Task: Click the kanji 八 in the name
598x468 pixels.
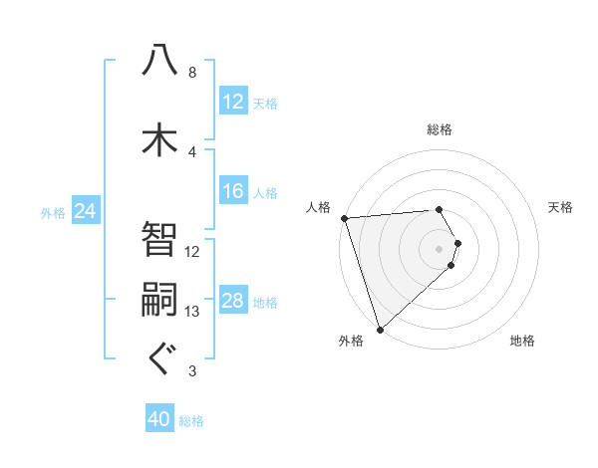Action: pyautogui.click(x=159, y=62)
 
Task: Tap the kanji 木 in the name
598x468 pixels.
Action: pyautogui.click(x=159, y=138)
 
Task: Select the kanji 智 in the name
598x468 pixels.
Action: pyautogui.click(x=159, y=239)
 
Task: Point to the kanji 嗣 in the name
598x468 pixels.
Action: pyautogui.click(x=159, y=301)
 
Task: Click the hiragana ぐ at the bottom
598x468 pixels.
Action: pyautogui.click(x=159, y=358)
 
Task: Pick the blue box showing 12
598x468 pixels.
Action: pyautogui.click(x=233, y=102)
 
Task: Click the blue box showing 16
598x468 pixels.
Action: pyautogui.click(x=233, y=192)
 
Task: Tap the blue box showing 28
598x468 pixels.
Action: pyautogui.click(x=233, y=302)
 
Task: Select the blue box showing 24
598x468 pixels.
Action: pyautogui.click(x=86, y=211)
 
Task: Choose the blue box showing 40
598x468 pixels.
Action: pyautogui.click(x=159, y=420)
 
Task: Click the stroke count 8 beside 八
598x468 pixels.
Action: pyautogui.click(x=191, y=73)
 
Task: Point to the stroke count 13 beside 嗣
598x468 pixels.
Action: pyautogui.click(x=192, y=312)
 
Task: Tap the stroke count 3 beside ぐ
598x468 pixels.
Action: pyautogui.click(x=191, y=372)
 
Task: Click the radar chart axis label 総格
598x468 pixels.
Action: pyautogui.click(x=440, y=129)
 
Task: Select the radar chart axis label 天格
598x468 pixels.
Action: pyautogui.click(x=561, y=207)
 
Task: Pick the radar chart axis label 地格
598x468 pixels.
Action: pyautogui.click(x=522, y=341)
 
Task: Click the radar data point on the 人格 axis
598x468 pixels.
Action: pyautogui.click(x=344, y=218)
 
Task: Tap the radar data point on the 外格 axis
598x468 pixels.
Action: pyautogui.click(x=380, y=328)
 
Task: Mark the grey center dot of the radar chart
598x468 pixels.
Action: pyautogui.click(x=439, y=249)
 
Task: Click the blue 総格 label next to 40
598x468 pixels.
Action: pyautogui.click(x=191, y=421)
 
